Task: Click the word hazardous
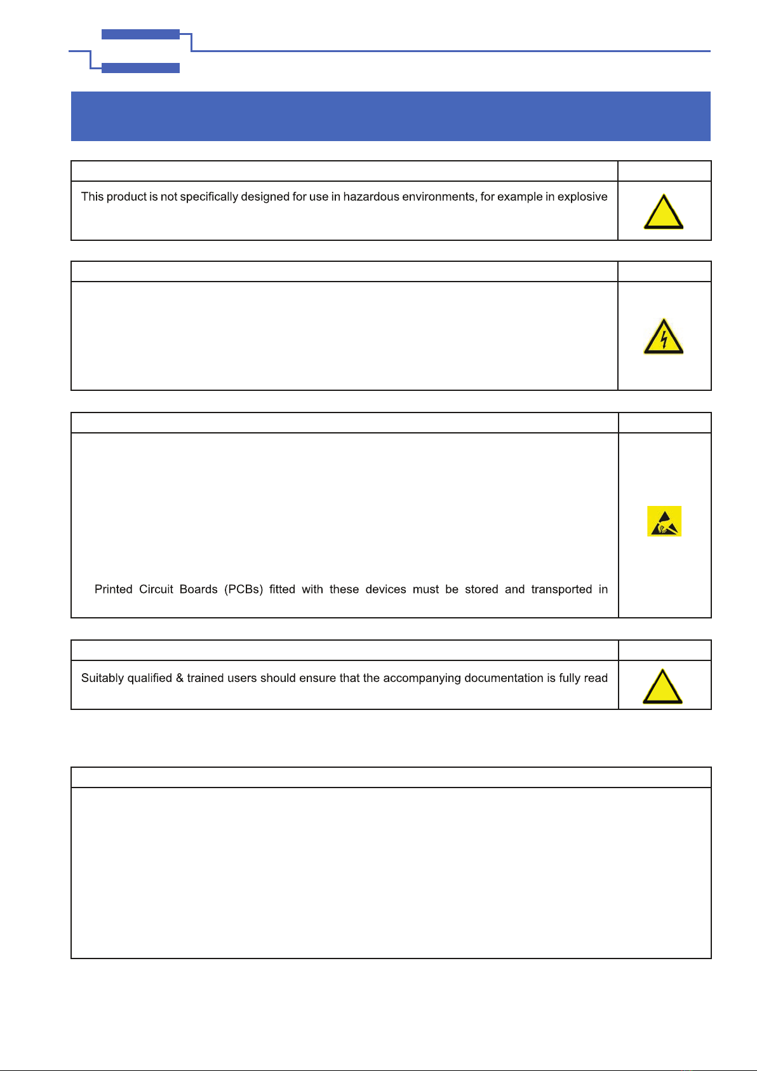coord(372,197)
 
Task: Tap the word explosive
coord(582,197)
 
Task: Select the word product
coord(126,197)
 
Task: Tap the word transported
coord(561,589)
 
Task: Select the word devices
coord(385,589)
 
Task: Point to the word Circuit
coord(156,589)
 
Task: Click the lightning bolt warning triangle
coord(664,338)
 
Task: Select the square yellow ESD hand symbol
coord(664,521)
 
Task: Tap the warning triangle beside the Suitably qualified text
coord(662,687)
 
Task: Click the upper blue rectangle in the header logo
coord(140,34)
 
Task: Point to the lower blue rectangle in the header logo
coord(140,68)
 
